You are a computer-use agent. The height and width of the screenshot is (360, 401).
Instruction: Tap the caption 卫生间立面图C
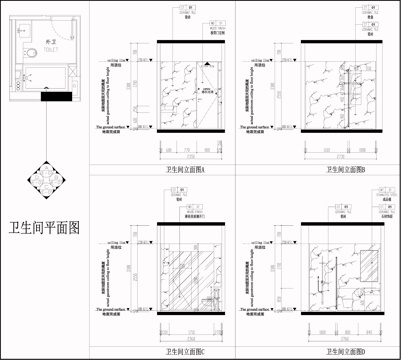point(186,352)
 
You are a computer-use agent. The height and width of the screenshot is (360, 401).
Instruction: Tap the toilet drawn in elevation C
point(210,302)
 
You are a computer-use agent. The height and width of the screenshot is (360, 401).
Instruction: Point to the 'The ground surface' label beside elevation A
point(117,128)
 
